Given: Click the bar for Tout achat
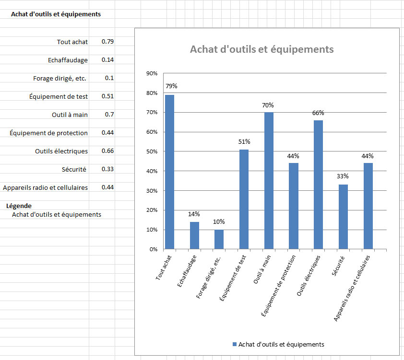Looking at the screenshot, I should [169, 172].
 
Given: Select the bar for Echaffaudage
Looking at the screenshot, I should [194, 235].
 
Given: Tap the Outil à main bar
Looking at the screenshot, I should [269, 181].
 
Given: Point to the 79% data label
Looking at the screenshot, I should [171, 86].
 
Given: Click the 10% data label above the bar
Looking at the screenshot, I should [219, 222].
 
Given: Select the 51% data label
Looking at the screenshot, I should [244, 141].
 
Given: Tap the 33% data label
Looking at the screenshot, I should [343, 176].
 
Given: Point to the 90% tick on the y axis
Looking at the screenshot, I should [152, 73].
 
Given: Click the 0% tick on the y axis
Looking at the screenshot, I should [154, 249].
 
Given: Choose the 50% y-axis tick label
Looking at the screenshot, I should [152, 151].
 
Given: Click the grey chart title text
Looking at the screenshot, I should [261, 49].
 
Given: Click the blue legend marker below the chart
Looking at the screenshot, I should [235, 344].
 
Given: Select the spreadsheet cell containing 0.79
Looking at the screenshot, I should [107, 42].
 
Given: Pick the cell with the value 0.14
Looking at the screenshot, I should [107, 60].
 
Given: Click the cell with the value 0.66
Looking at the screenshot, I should [107, 151].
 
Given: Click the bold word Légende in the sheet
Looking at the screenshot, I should [19, 206].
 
